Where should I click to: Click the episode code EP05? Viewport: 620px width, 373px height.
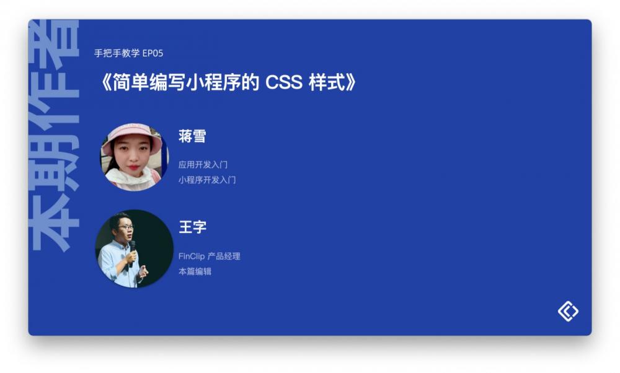pyautogui.click(x=153, y=53)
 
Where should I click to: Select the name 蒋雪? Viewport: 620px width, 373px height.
pyautogui.click(x=192, y=136)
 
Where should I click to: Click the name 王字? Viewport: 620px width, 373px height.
pyautogui.click(x=193, y=227)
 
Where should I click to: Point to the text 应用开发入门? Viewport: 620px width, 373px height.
pyautogui.click(x=203, y=164)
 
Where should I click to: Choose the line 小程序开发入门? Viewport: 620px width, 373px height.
pyautogui.click(x=207, y=180)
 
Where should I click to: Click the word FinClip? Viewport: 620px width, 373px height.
pyautogui.click(x=192, y=256)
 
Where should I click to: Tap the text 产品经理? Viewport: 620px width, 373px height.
pyautogui.click(x=224, y=256)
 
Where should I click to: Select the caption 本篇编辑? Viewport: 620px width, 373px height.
pyautogui.click(x=195, y=271)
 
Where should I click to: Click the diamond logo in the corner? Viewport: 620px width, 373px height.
pyautogui.click(x=568, y=312)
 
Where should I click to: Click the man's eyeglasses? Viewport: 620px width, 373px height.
pyautogui.click(x=126, y=227)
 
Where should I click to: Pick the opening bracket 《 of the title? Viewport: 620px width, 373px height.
pyautogui.click(x=106, y=83)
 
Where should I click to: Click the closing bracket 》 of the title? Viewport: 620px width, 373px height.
pyautogui.click(x=351, y=83)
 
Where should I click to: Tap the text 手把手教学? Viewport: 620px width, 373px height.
pyautogui.click(x=117, y=53)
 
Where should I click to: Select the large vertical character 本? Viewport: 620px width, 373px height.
pyautogui.click(x=53, y=228)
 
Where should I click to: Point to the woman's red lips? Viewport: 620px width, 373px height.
pyautogui.click(x=133, y=167)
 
